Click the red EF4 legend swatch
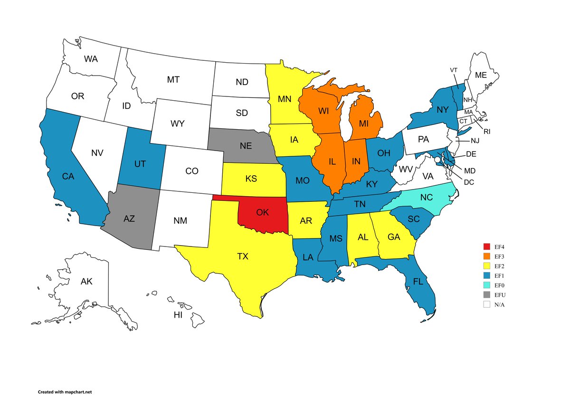486,247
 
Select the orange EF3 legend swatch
486,256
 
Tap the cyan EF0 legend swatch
486,285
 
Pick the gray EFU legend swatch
486,295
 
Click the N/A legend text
499,304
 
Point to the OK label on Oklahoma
263,212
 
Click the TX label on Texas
243,256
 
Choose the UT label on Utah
140,164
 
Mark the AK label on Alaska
86,282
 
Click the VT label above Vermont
454,70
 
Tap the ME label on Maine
481,75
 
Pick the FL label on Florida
418,281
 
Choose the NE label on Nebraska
246,146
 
